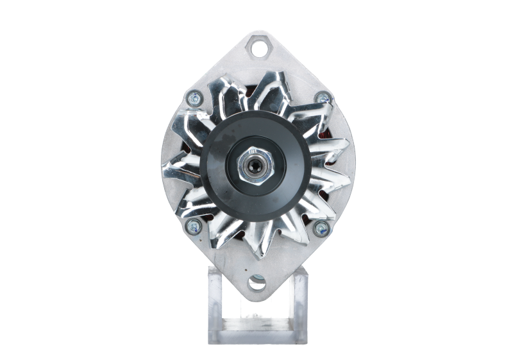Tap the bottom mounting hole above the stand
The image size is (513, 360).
256,281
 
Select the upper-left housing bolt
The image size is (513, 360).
192,98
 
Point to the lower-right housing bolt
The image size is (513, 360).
321,226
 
